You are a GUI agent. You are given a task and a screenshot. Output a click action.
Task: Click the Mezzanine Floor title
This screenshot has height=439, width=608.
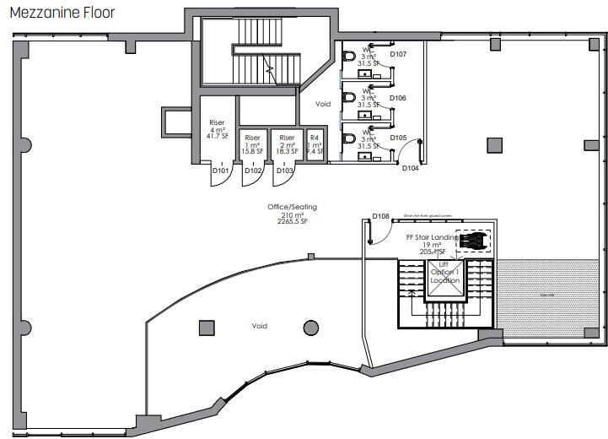click(x=62, y=14)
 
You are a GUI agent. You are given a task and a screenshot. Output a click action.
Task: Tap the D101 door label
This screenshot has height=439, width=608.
click(x=221, y=171)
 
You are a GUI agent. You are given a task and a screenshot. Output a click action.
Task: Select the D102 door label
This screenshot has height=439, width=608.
click(x=252, y=171)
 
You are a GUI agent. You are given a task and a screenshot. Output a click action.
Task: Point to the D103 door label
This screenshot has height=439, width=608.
click(x=284, y=171)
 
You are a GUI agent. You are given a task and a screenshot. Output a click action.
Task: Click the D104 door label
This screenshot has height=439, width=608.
click(x=411, y=168)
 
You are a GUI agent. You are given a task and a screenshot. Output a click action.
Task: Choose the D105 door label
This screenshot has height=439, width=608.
click(x=399, y=138)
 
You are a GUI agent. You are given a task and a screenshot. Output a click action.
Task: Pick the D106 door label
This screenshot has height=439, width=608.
click(x=399, y=98)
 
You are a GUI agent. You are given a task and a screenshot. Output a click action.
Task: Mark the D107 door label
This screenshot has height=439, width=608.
click(x=399, y=55)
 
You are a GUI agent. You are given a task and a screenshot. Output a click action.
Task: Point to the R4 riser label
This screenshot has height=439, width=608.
click(x=314, y=137)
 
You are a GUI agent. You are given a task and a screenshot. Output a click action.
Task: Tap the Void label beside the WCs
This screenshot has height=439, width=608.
click(x=323, y=105)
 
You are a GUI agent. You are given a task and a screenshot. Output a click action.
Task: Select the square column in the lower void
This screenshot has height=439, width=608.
click(x=206, y=328)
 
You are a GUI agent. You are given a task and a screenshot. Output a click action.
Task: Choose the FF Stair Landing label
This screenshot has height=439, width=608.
click(x=433, y=238)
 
